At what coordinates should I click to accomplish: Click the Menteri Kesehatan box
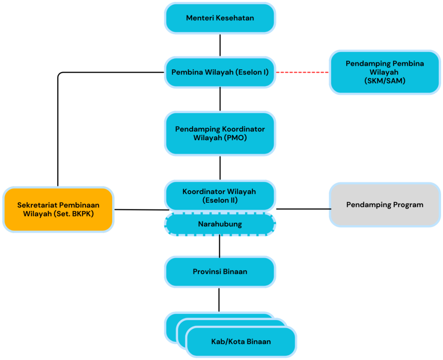pyautogui.click(x=220, y=18)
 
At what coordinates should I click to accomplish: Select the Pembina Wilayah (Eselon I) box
pyautogui.click(x=220, y=72)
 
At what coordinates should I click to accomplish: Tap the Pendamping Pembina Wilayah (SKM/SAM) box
pyautogui.click(x=385, y=72)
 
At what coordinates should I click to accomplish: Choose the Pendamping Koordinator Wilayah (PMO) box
pyautogui.click(x=220, y=133)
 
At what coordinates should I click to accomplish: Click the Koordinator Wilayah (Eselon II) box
pyautogui.click(x=220, y=196)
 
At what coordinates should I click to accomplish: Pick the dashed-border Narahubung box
pyautogui.click(x=220, y=224)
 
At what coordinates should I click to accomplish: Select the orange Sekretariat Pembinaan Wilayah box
pyautogui.click(x=58, y=209)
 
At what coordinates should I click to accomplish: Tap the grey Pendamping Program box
pyautogui.click(x=385, y=205)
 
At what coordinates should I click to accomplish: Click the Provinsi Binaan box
pyautogui.click(x=220, y=272)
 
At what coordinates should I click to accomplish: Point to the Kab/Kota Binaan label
pyautogui.click(x=241, y=342)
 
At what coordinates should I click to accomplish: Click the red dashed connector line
pyautogui.click(x=302, y=72)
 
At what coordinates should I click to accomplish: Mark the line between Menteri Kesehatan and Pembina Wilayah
pyautogui.click(x=220, y=45)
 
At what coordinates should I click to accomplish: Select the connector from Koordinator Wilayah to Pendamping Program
pyautogui.click(x=304, y=209)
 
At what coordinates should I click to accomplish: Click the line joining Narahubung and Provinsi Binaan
pyautogui.click(x=219, y=246)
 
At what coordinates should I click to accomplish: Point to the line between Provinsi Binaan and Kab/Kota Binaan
pyautogui.click(x=219, y=300)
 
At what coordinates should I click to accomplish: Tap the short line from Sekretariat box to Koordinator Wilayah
pyautogui.click(x=142, y=210)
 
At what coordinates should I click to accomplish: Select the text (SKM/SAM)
pyautogui.click(x=385, y=81)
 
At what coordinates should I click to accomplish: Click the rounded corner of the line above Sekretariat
pyautogui.click(x=60, y=74)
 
